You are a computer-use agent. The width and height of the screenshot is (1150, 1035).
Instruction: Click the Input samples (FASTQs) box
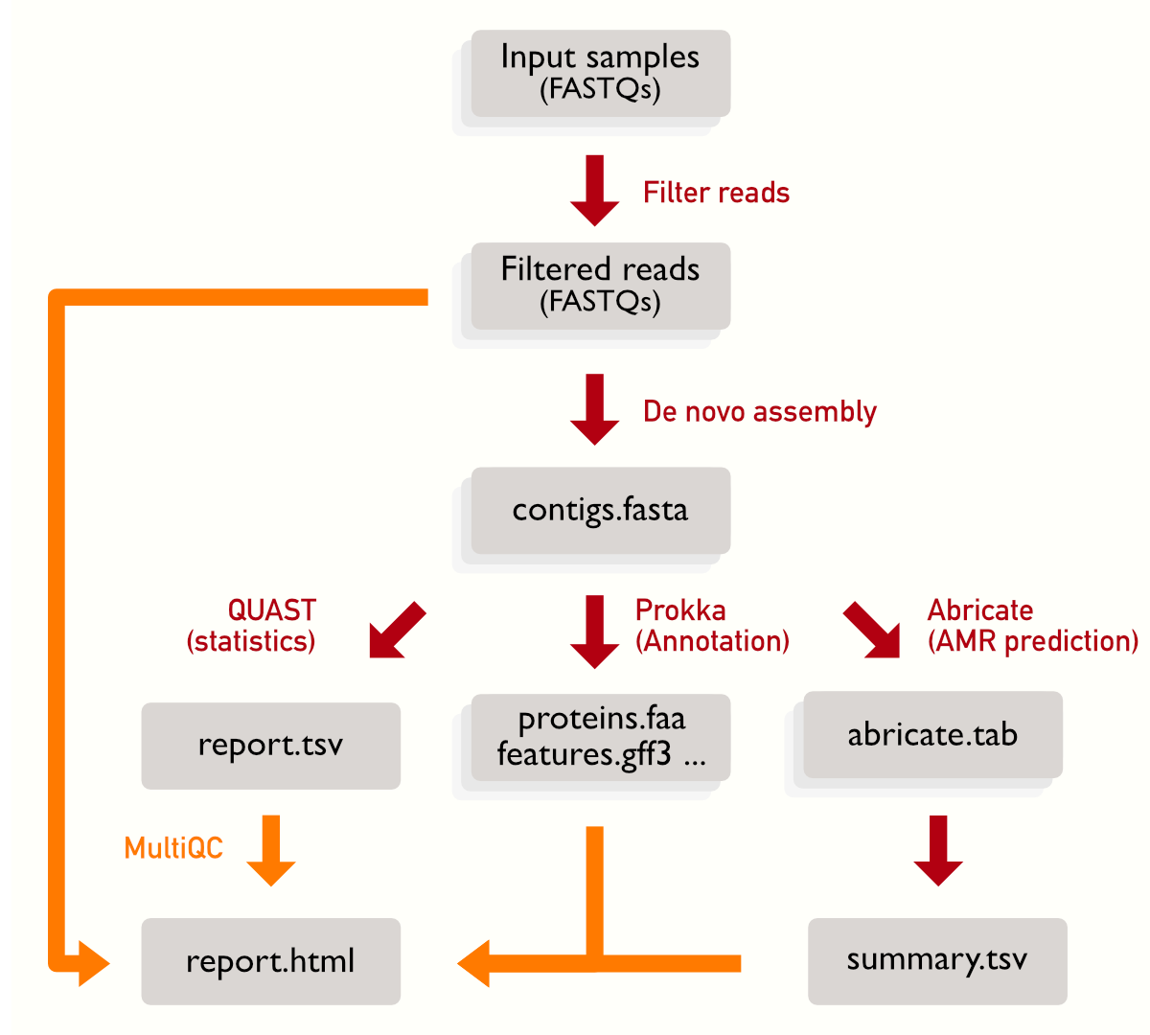(x=600, y=74)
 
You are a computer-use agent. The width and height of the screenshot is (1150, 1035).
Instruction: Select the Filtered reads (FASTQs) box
(x=600, y=286)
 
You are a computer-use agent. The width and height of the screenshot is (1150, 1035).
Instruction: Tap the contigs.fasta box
(x=600, y=510)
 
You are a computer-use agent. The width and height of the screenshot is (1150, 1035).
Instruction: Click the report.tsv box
(x=270, y=746)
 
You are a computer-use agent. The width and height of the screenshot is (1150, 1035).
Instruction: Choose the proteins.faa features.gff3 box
(x=600, y=737)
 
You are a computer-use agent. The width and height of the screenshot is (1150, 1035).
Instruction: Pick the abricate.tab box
(x=932, y=735)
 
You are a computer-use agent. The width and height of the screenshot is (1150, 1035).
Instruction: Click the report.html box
(x=270, y=961)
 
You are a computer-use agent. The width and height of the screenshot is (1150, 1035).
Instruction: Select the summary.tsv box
(x=936, y=960)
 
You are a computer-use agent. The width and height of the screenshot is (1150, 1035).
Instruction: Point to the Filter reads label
(x=716, y=193)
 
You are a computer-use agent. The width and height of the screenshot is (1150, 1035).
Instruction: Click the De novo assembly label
(x=759, y=412)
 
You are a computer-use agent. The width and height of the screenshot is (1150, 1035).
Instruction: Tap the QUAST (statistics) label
(x=252, y=626)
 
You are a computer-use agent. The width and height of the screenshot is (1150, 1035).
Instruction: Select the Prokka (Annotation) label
(x=712, y=626)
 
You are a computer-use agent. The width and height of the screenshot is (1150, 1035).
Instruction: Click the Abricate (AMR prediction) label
(x=1032, y=626)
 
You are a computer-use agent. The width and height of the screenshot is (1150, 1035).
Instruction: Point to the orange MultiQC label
(x=173, y=848)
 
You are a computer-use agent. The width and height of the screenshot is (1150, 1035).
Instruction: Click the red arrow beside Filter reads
(x=594, y=190)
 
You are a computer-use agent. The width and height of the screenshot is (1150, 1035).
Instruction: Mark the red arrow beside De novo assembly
(x=594, y=409)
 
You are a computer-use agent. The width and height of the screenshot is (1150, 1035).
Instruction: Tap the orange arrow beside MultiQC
(x=271, y=850)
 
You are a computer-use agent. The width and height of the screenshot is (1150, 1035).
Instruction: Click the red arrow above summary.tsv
(x=938, y=850)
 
